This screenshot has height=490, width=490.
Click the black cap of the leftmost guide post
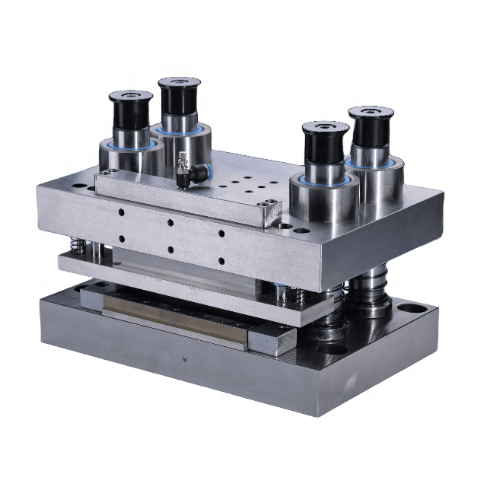pyautogui.click(x=130, y=110)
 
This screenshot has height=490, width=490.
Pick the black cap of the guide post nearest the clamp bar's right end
pyautogui.click(x=325, y=142)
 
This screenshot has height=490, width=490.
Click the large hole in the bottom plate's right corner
pyautogui.click(x=411, y=310)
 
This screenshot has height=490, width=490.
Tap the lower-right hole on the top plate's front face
pyautogui.click(x=221, y=261)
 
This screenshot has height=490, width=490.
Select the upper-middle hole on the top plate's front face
pyautogui.click(x=170, y=223)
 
